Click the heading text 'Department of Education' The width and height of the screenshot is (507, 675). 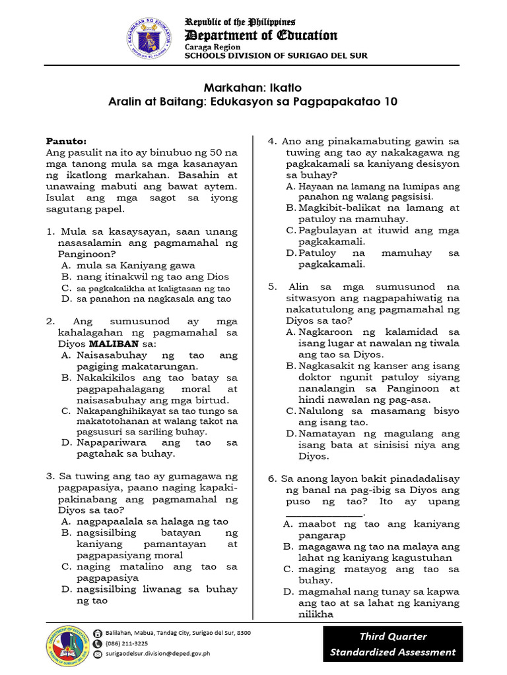(261, 36)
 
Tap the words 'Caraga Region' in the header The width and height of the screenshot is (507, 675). (213, 47)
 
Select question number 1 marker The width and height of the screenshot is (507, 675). (50, 231)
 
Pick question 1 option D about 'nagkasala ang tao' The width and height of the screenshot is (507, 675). (153, 299)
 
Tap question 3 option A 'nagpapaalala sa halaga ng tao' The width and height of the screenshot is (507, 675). (152, 521)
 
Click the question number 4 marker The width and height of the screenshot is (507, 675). (271, 141)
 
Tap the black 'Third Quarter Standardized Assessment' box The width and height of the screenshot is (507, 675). (393, 644)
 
